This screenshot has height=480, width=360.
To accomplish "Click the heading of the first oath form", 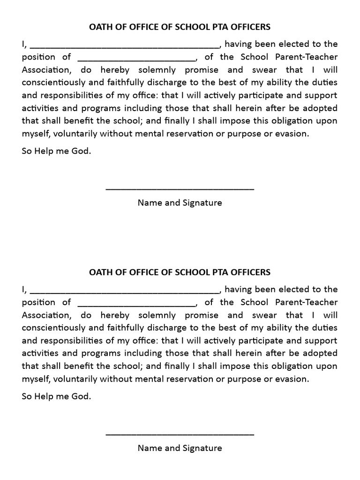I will click(180, 27).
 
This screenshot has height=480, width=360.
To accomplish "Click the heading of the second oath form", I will click(180, 272).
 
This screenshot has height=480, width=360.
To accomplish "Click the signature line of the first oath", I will click(180, 189).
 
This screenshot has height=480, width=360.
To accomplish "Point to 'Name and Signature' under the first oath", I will click(180, 203).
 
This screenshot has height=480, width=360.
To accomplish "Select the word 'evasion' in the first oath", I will click(294, 134).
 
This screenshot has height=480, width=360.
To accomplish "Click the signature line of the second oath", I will click(180, 434).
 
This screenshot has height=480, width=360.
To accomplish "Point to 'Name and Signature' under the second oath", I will click(180, 448).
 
